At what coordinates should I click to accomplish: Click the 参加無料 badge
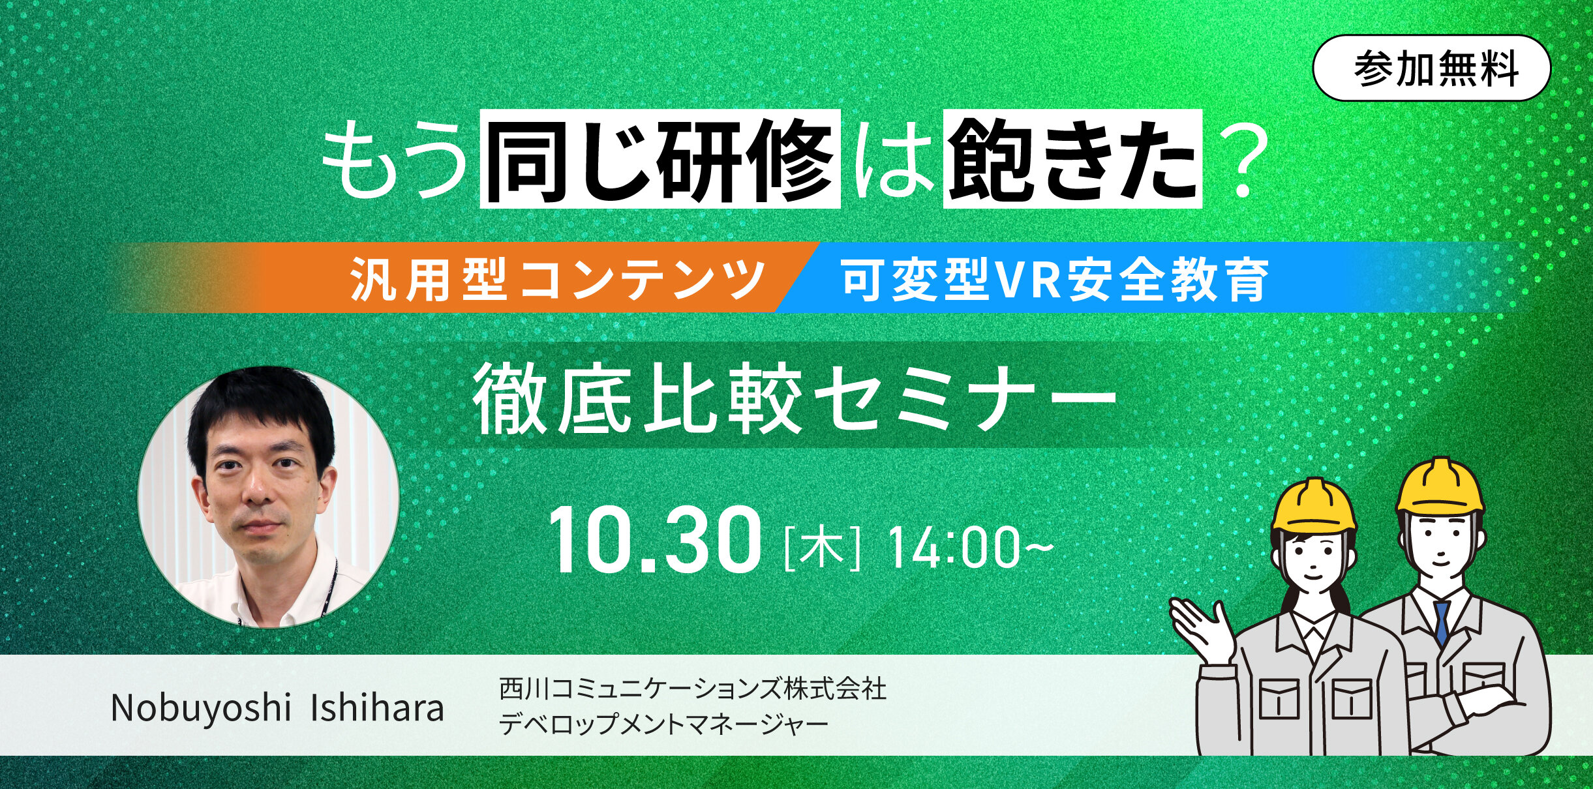[1431, 68]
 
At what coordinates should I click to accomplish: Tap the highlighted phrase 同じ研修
[660, 159]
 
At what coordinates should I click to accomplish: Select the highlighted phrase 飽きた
[1072, 159]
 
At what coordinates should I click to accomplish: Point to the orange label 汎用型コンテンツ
[558, 278]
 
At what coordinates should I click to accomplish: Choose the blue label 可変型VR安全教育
[1055, 278]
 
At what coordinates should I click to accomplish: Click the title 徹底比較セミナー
[795, 399]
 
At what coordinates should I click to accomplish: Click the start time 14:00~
[970, 546]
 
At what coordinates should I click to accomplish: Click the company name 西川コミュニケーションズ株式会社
[693, 689]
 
